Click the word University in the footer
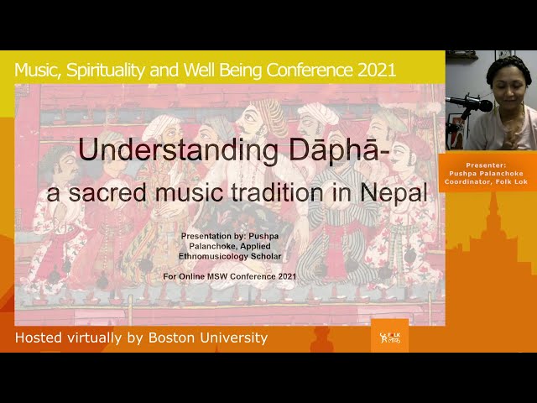233,338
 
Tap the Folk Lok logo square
389,336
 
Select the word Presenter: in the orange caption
486,165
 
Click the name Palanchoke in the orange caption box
503,174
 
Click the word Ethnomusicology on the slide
213,256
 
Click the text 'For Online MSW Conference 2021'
229,276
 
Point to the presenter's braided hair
508,67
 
